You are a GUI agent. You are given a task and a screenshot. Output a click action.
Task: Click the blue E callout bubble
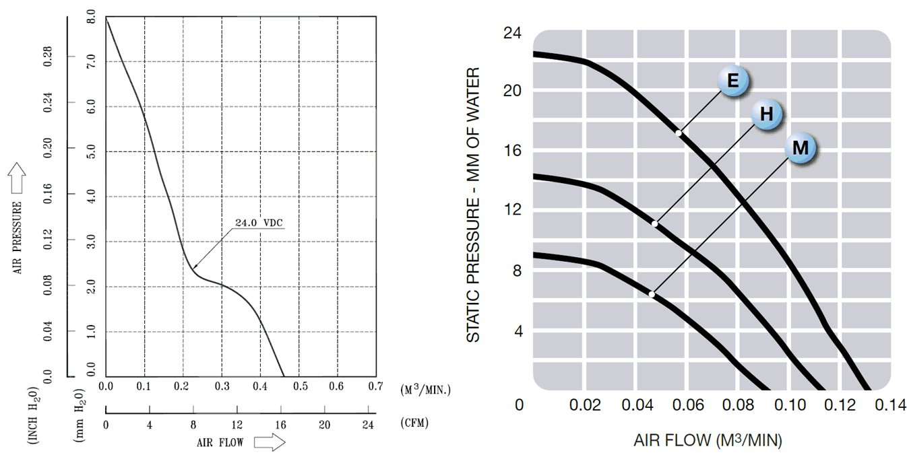(x=732, y=82)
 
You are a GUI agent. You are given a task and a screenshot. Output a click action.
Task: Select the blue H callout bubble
(x=766, y=114)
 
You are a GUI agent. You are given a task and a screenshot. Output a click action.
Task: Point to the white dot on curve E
(x=679, y=133)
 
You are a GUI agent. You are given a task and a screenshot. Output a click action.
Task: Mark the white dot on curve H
(x=654, y=223)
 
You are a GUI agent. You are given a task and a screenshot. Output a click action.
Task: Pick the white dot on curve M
(x=652, y=294)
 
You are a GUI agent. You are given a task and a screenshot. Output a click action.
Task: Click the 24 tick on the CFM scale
(x=368, y=424)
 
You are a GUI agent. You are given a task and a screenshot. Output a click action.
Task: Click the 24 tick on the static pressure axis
(x=512, y=32)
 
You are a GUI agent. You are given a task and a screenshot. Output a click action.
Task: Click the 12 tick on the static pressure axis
(x=512, y=210)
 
